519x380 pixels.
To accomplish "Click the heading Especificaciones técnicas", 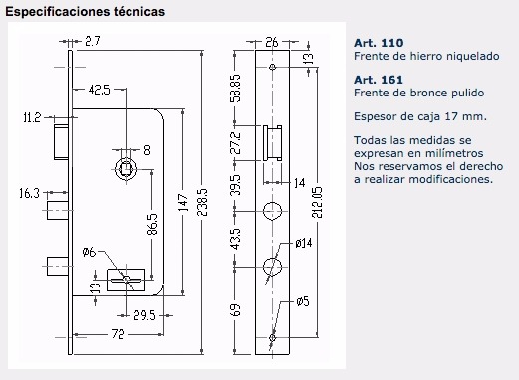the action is (x=85, y=11).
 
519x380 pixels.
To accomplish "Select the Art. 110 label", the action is (x=379, y=43).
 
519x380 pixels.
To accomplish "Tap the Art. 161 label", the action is (x=379, y=80).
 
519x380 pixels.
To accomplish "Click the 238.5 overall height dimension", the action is (x=202, y=202).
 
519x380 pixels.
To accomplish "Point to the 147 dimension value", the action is (x=183, y=202).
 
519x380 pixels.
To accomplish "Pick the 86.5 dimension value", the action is (x=152, y=224).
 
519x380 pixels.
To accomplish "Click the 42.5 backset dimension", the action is (x=99, y=90).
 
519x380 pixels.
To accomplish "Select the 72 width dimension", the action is (x=118, y=334).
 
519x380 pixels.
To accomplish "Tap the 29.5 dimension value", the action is (x=144, y=315).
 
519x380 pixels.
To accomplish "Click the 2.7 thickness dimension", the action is (x=93, y=41).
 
